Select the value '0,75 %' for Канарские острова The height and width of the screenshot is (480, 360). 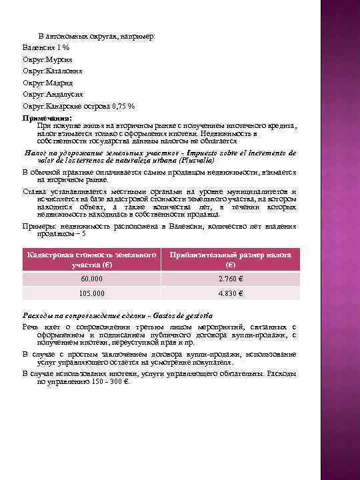(123, 105)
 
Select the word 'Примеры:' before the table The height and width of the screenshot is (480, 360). (40, 227)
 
